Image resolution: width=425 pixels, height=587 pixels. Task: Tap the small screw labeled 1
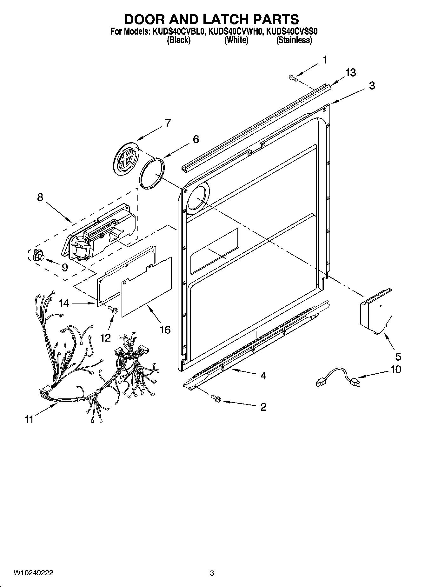pos(292,77)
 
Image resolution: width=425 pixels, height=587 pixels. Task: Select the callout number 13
pos(350,73)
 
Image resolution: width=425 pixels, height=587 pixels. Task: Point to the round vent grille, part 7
pos(126,158)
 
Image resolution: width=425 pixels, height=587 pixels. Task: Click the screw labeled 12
pos(112,309)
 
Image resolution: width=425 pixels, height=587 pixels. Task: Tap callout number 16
pos(165,330)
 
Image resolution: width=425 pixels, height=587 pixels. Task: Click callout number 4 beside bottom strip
pos(263,376)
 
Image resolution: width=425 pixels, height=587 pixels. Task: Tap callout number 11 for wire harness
pos(29,419)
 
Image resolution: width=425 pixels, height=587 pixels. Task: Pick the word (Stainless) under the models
pos(294,40)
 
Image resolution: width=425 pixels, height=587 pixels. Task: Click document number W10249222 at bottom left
pos(33,573)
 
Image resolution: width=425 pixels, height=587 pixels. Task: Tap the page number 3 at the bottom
pos(212,573)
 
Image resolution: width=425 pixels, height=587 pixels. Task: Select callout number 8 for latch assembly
pos(40,197)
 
